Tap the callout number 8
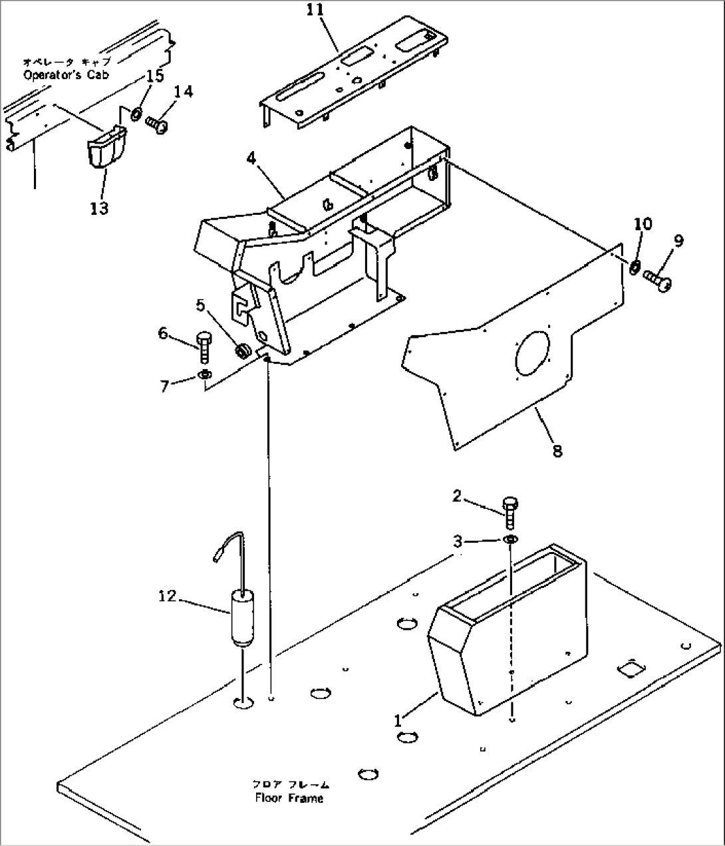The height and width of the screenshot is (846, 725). (557, 450)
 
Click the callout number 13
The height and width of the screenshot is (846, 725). (99, 208)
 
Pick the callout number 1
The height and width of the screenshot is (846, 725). (397, 720)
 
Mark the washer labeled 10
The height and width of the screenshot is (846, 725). (635, 267)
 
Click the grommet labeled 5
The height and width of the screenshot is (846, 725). (242, 349)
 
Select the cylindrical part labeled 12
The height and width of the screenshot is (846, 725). (241, 618)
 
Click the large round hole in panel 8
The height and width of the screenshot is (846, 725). (532, 352)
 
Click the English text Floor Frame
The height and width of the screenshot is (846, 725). (289, 798)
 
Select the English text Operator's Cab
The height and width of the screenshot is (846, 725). (66, 75)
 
